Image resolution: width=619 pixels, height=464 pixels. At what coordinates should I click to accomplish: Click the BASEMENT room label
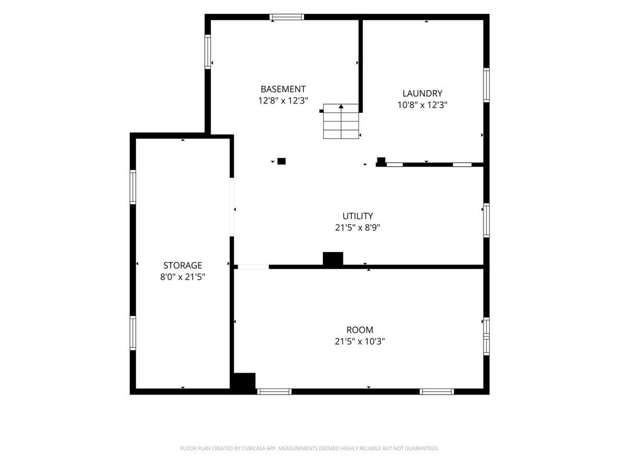(283, 89)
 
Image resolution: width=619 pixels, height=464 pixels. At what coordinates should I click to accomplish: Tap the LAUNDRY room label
(423, 94)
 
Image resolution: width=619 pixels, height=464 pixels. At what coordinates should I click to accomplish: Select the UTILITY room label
(358, 216)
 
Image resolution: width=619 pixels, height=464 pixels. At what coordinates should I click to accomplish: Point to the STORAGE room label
(183, 266)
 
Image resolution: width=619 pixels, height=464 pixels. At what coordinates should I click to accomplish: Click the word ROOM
(360, 330)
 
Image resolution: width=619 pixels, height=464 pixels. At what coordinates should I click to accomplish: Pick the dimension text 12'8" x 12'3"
(283, 101)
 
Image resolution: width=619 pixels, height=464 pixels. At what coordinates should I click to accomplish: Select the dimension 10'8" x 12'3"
(423, 105)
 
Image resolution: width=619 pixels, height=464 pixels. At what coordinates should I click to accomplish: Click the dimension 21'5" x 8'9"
(358, 228)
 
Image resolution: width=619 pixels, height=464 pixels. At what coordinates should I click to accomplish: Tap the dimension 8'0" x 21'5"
(183, 277)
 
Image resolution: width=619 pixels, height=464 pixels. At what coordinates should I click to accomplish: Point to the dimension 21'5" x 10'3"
(360, 341)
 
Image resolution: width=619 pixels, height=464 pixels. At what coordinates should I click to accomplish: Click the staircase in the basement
(341, 121)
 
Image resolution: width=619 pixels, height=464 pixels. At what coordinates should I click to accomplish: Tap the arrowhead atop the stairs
(341, 106)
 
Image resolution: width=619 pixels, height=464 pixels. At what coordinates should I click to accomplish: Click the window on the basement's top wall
(287, 17)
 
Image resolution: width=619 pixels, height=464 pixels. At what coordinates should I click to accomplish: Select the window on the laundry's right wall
(487, 85)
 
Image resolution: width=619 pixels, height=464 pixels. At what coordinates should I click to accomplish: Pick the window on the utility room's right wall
(487, 220)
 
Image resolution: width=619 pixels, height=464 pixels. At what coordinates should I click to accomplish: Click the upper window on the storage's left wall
(133, 187)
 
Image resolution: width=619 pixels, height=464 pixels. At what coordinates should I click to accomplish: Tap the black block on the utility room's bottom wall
(333, 259)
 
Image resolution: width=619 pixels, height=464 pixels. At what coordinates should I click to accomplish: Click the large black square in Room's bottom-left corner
(244, 382)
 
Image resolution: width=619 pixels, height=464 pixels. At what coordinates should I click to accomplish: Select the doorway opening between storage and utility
(232, 207)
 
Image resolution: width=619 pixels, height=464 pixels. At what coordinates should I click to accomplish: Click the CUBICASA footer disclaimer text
(309, 448)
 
